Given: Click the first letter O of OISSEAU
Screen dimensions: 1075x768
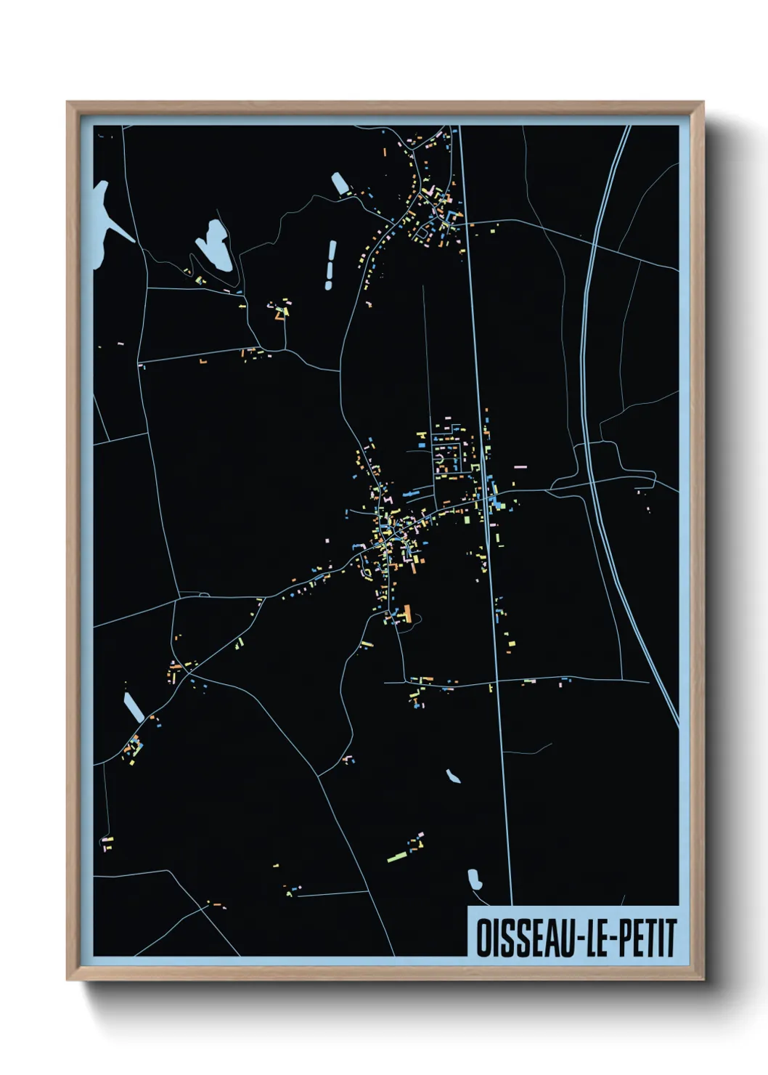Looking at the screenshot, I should pyautogui.click(x=482, y=938).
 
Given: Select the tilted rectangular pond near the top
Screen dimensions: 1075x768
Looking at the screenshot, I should pyautogui.click(x=340, y=183).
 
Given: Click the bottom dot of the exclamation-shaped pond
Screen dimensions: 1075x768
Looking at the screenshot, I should pyautogui.click(x=328, y=285).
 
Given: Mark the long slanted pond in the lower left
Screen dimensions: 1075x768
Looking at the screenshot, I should pyautogui.click(x=134, y=707).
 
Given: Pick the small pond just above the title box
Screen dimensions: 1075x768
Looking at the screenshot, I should pyautogui.click(x=475, y=880).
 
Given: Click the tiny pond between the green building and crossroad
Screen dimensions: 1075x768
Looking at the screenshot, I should pyautogui.click(x=453, y=776).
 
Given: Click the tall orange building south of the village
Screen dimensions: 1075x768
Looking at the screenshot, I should pyautogui.click(x=407, y=614).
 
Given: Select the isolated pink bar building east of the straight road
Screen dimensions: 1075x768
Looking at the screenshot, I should pyautogui.click(x=519, y=466).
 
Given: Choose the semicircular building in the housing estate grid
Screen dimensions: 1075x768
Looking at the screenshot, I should pyautogui.click(x=440, y=460).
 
